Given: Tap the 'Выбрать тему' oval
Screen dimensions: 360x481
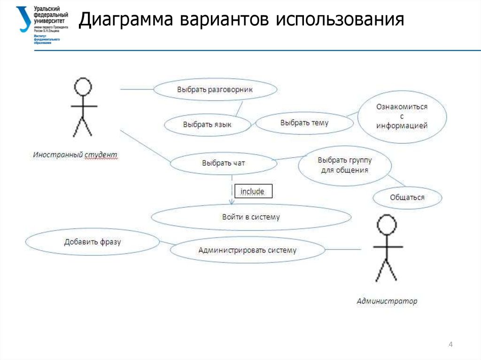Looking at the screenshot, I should click(x=304, y=123).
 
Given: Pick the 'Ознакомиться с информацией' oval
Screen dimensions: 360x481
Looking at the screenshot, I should click(x=402, y=116).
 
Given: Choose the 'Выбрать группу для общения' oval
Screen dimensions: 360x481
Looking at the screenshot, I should click(x=345, y=165).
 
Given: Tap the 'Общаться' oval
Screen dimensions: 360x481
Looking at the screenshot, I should click(x=407, y=198).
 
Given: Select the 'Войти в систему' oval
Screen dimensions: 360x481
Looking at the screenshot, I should click(x=251, y=217).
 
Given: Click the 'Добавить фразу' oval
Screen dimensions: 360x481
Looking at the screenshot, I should click(x=93, y=242).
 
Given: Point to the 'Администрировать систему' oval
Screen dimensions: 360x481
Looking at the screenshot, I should click(x=248, y=250).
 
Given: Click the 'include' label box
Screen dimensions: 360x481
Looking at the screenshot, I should click(x=253, y=191).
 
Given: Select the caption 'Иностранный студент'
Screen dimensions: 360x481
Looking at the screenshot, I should click(x=75, y=154).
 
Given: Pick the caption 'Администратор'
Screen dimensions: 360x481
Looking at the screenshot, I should click(x=387, y=301).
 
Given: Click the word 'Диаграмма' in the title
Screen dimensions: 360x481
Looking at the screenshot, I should click(x=124, y=20).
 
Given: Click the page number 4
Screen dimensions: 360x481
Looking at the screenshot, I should click(x=450, y=345).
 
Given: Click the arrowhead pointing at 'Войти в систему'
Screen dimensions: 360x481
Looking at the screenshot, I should click(x=232, y=202).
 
